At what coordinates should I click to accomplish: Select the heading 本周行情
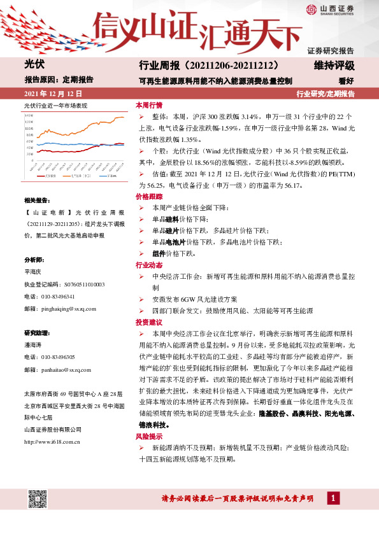click(x=148, y=104)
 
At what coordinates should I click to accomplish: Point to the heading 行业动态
click(x=148, y=265)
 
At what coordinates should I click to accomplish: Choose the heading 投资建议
click(x=148, y=323)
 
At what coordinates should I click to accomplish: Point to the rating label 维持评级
click(x=334, y=66)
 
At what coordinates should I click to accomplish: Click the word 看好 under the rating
click(x=346, y=81)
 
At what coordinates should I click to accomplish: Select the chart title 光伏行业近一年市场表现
click(x=55, y=104)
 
